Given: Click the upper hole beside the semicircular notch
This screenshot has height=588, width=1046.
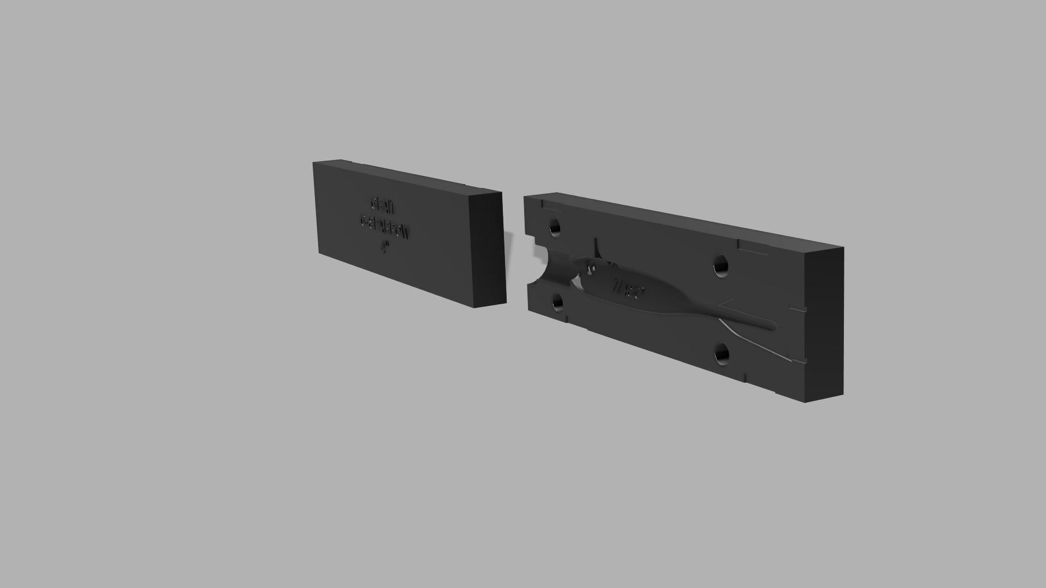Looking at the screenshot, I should pyautogui.click(x=555, y=227).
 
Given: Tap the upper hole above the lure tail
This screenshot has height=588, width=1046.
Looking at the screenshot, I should pyautogui.click(x=721, y=266).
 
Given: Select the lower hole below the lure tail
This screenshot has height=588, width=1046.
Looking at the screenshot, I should pyautogui.click(x=722, y=356).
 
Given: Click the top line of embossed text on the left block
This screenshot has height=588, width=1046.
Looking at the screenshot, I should pyautogui.click(x=382, y=206).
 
